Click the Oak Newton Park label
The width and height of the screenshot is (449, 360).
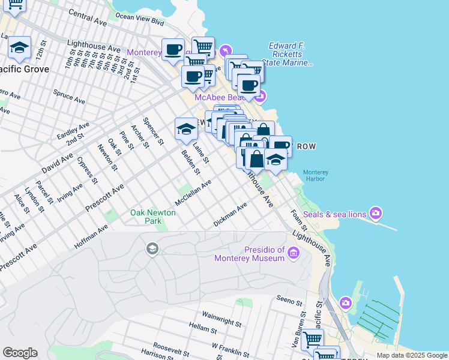point(153,217)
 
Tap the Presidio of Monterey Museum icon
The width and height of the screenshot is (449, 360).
point(294,253)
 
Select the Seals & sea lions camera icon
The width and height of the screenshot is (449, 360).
point(376,213)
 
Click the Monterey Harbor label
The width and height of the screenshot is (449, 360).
point(313,175)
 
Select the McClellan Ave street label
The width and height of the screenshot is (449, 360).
point(193,192)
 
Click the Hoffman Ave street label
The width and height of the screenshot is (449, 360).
point(91,237)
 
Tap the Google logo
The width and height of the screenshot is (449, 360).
point(20,353)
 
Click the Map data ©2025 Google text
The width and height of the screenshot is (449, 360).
point(411,355)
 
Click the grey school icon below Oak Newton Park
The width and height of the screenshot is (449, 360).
point(152,248)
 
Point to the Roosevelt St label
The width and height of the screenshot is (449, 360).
point(171,346)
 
